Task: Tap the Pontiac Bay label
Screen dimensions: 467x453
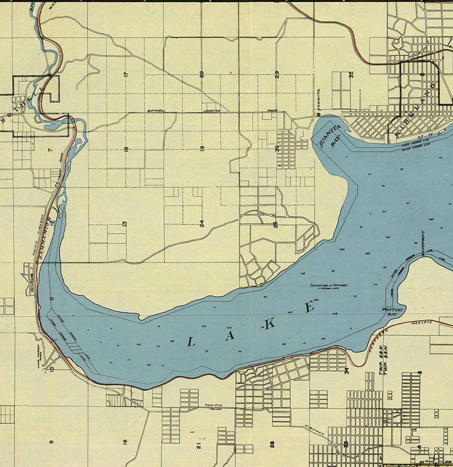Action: tap(389, 311)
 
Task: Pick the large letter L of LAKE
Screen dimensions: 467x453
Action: tap(191, 341)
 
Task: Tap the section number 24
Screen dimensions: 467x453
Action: tap(202, 223)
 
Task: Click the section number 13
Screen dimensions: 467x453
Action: tap(125, 224)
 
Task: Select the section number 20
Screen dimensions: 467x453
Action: tap(202, 74)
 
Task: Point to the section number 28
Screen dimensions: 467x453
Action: tap(272, 444)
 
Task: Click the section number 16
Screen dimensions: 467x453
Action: tap(125, 441)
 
